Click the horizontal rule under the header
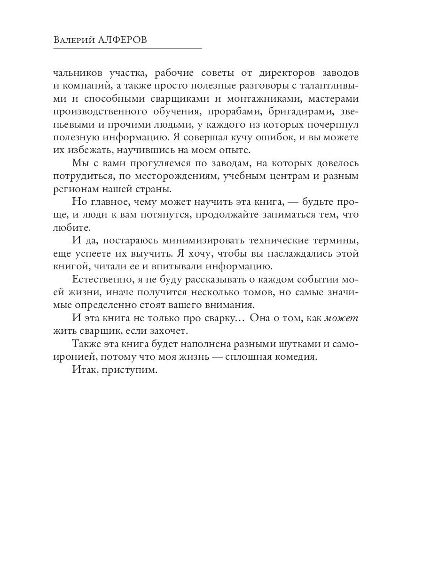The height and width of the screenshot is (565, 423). [127, 48]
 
